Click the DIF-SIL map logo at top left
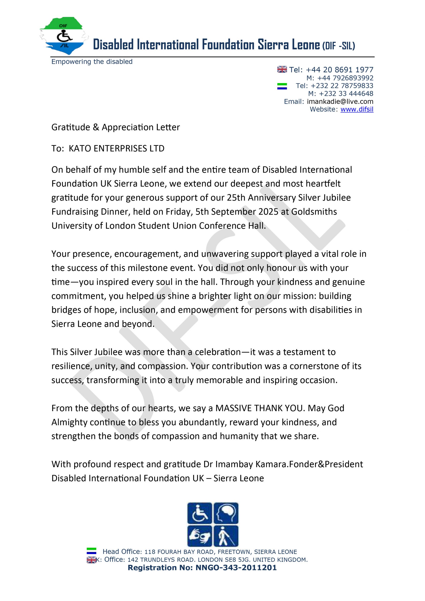64,36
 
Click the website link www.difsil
357,109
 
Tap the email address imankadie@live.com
340,102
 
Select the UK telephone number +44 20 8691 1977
339,70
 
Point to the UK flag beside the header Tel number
282,69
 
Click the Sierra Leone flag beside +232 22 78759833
282,86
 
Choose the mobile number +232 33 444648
346,94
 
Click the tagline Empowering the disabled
92,62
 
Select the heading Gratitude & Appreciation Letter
115,127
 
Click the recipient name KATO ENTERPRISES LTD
116,148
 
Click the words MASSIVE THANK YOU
260,408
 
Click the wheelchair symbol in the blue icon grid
199,513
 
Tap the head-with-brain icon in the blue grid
226,513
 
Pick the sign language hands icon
199,536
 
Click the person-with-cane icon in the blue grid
226,536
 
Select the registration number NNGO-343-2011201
236,567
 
